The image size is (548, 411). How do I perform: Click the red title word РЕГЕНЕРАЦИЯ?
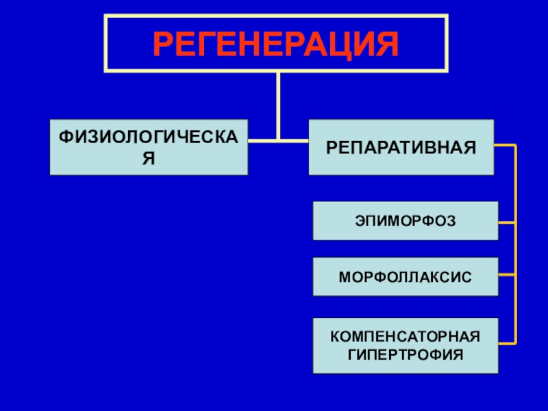[x=275, y=45]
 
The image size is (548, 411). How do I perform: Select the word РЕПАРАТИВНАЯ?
[x=401, y=147]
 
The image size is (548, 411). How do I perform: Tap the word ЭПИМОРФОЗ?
[x=406, y=221]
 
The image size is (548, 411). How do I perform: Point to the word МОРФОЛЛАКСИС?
[x=406, y=277]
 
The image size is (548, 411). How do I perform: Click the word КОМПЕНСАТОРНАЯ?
[x=406, y=338]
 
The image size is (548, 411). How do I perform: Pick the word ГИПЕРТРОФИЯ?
[x=406, y=355]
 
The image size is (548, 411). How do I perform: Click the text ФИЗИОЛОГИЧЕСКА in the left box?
[x=149, y=137]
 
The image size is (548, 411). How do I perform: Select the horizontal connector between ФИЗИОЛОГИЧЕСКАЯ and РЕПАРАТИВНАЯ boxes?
[x=278, y=141]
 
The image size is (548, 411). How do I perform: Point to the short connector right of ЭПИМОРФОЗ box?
[x=507, y=222]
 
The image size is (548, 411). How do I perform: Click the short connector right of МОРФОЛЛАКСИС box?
[x=507, y=276]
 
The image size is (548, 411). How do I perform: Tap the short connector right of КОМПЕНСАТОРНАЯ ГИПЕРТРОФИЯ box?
[x=507, y=341]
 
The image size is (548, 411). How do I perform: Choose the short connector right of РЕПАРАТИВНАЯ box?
[x=504, y=146]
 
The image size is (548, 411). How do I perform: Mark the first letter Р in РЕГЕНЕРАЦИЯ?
[x=162, y=45]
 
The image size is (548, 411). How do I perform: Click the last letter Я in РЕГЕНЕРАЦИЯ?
[x=387, y=45]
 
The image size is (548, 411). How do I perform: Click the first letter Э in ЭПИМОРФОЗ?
[x=359, y=221]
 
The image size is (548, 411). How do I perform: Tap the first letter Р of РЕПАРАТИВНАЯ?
[x=329, y=147]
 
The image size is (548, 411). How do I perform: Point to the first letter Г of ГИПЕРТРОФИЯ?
[x=351, y=355]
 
